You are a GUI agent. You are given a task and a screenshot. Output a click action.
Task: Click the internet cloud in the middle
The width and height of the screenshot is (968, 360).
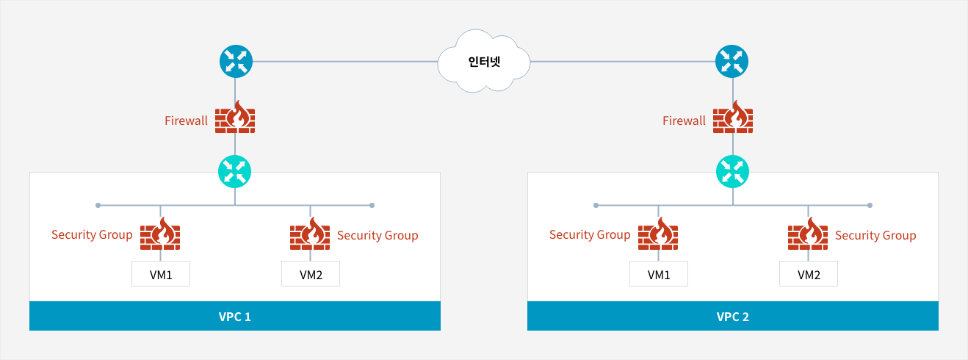click(484, 61)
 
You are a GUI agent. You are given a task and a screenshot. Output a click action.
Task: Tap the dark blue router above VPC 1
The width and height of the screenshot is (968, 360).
click(236, 62)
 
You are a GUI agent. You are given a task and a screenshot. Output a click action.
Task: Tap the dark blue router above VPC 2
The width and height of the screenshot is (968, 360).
click(732, 62)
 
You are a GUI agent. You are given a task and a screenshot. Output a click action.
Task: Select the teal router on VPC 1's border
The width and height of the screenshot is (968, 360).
click(234, 172)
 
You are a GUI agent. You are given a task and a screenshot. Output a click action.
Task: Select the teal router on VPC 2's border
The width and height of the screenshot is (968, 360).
click(732, 172)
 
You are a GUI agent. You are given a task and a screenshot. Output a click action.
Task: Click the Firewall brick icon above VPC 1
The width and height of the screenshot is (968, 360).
click(235, 117)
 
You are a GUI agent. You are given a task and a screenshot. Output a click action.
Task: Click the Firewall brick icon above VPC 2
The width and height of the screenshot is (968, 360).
click(733, 117)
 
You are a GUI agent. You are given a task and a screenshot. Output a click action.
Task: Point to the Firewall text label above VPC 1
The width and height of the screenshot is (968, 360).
click(187, 120)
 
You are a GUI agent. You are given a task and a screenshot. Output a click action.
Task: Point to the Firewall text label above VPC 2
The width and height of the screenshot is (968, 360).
click(684, 120)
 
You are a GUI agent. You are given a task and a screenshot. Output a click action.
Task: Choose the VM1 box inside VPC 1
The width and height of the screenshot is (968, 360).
click(161, 273)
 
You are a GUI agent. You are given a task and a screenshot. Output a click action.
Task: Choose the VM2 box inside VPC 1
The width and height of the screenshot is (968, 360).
click(311, 273)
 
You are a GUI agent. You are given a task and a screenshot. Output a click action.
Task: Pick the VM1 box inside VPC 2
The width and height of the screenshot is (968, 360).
click(659, 273)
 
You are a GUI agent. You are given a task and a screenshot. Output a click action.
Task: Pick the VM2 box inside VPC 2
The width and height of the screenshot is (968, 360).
click(809, 273)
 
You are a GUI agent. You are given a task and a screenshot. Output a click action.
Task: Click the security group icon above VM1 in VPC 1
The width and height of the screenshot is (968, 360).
click(160, 234)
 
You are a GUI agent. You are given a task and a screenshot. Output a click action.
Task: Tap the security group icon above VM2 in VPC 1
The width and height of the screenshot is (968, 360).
click(310, 234)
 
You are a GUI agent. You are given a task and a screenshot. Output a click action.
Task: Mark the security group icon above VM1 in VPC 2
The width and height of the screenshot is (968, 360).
click(658, 234)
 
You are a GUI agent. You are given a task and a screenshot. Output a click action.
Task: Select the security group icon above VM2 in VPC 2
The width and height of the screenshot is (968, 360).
click(808, 234)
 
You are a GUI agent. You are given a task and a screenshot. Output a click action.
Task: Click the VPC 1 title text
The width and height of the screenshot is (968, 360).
click(234, 317)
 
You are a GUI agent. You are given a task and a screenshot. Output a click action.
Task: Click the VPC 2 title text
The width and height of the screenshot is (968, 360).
click(732, 317)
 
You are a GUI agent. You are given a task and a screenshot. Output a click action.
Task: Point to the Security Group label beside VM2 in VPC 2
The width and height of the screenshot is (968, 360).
click(875, 236)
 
